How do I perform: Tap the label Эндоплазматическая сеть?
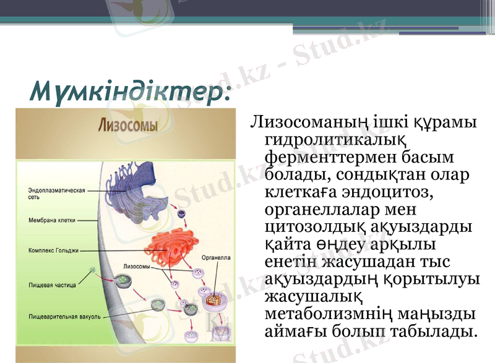pos(56,194)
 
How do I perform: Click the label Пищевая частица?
pos(52,285)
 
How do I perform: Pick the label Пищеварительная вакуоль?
pos(64,316)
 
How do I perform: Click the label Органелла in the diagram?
pos(216,257)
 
